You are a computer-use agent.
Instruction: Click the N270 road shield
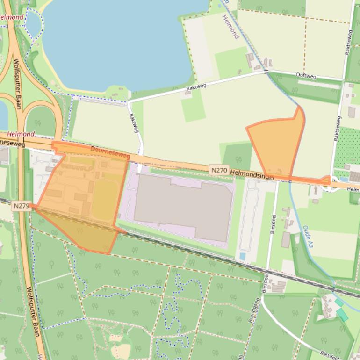click(219, 171)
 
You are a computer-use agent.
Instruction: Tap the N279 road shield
click(22, 205)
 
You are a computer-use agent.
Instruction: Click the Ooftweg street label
click(306, 75)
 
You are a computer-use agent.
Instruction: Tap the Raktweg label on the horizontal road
click(195, 86)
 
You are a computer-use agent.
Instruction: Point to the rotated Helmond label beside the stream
click(230, 26)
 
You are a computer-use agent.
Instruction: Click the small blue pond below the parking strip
click(242, 256)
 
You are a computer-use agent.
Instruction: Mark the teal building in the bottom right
click(342, 314)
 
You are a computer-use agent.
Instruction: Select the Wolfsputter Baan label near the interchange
click(17, 84)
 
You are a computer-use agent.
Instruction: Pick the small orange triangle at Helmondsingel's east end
click(325, 180)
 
